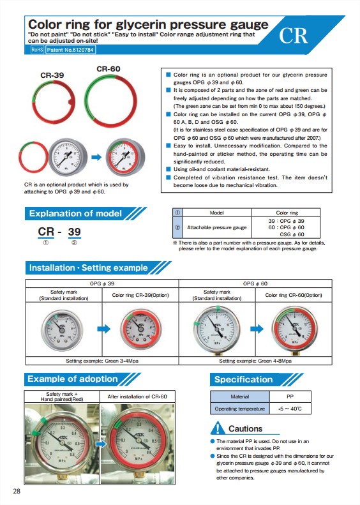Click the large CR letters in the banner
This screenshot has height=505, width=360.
coord(293,35)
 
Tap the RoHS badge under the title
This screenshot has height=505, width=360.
coord(37,50)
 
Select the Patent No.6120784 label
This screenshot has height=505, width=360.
coord(70,50)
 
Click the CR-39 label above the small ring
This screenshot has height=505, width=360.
coord(52,75)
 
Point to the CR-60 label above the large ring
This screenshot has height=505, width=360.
coord(109,69)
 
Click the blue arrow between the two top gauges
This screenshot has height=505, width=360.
coord(96,157)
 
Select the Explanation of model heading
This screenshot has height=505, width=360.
coord(75,213)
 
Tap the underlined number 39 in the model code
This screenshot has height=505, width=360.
coord(75,232)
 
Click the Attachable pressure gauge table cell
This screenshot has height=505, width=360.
coord(217,227)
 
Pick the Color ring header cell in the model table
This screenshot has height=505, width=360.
coord(287,213)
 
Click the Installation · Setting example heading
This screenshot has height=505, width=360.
coord(89,268)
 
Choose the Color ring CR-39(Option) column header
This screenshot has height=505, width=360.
coord(140,295)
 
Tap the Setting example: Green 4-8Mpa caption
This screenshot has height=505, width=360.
coord(255,361)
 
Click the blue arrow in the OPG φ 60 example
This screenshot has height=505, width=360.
coord(257,329)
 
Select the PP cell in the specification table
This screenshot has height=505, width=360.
coord(290,396)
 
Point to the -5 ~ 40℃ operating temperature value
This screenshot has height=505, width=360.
coord(290,409)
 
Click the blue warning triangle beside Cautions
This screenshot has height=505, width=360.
coord(218,428)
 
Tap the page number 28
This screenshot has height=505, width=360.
coord(17,491)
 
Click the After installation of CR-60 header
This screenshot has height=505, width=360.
coord(137,396)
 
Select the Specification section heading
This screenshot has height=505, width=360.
coord(243,380)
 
